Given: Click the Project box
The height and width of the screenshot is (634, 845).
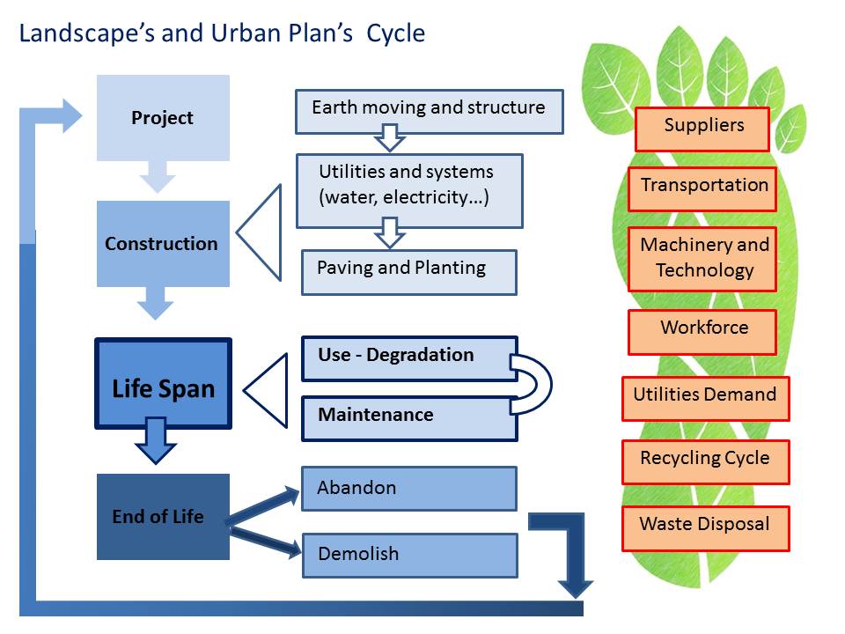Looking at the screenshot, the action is click(163, 117).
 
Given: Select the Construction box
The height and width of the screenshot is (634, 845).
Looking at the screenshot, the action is click(163, 244).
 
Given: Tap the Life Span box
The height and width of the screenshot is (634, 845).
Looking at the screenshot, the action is click(164, 383).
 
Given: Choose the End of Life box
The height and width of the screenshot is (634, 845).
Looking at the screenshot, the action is click(163, 517).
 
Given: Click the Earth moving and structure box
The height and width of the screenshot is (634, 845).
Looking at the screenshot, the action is click(429, 112).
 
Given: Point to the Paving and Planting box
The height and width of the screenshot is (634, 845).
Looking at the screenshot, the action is click(409, 272).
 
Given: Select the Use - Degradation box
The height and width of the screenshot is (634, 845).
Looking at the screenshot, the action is click(409, 359).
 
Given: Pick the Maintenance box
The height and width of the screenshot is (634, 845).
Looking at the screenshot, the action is click(409, 419).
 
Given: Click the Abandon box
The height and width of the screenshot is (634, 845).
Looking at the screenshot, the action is click(409, 489).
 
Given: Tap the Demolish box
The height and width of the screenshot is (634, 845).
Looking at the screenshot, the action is click(410, 556).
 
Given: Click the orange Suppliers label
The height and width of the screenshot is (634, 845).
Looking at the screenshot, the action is click(702, 129).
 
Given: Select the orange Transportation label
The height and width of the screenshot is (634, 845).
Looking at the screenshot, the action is click(702, 188).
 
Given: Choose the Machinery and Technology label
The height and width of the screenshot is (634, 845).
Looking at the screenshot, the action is click(702, 259).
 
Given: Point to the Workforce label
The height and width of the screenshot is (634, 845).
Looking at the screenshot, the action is click(702, 332).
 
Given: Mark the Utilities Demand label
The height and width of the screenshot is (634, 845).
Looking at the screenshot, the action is click(705, 398).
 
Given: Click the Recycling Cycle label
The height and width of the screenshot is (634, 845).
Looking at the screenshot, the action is click(705, 462).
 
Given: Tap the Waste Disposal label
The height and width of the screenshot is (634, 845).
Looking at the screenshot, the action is click(705, 528).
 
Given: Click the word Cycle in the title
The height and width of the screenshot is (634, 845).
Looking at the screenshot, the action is click(395, 33).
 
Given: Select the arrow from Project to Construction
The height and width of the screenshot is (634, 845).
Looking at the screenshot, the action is click(158, 177).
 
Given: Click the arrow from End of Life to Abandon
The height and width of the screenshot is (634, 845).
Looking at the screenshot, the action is click(262, 505).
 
